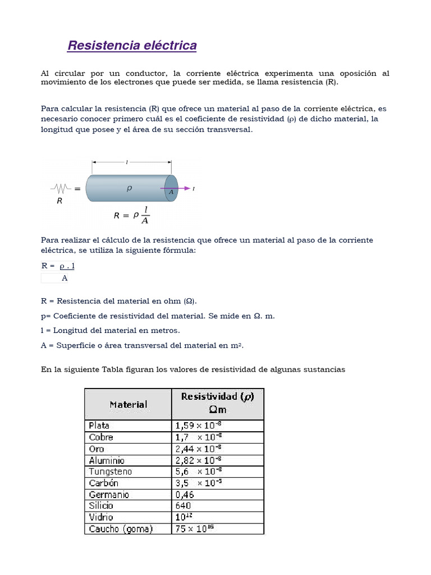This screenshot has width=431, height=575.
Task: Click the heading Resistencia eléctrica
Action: click(132, 45)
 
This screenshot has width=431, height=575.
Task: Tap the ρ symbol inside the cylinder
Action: click(129, 189)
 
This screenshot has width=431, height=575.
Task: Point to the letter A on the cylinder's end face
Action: click(171, 191)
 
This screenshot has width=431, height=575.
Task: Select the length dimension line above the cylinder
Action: click(132, 162)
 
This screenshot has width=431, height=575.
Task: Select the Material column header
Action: click(128, 404)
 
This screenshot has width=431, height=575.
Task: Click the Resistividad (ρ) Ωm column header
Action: click(217, 403)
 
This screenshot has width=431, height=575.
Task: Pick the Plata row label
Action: click(99, 426)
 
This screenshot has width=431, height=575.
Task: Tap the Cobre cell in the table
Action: click(101, 437)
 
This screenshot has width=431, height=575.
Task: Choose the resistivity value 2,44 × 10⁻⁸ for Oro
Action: click(199, 449)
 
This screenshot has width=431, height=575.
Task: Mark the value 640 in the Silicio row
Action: click(183, 506)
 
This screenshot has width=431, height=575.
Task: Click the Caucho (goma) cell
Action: click(121, 529)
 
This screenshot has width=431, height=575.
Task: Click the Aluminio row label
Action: click(107, 460)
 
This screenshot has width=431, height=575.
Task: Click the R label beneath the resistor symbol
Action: click(59, 200)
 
